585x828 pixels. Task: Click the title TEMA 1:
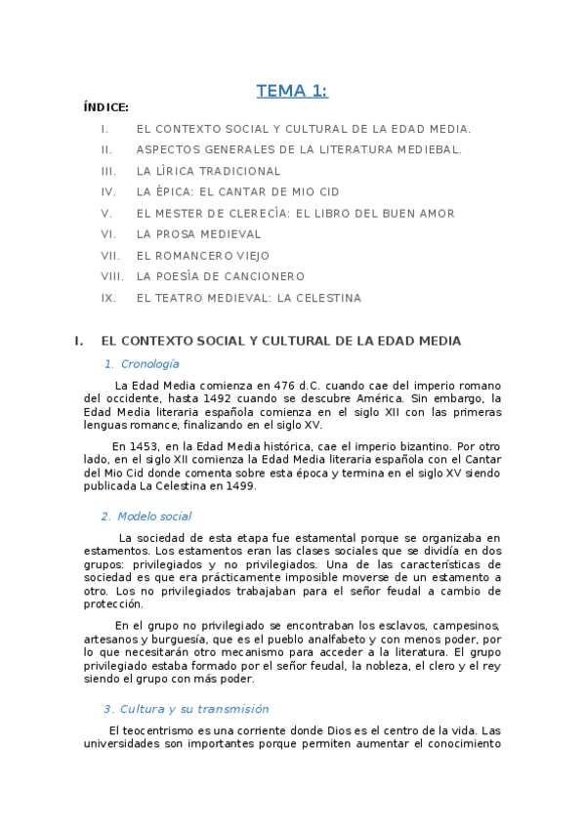(292, 92)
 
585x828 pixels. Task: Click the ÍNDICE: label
(106, 107)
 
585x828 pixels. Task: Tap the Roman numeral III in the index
(108, 171)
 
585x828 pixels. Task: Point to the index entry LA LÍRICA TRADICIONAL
(208, 171)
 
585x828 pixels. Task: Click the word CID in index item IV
(327, 192)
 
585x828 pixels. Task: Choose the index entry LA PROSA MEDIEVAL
(198, 234)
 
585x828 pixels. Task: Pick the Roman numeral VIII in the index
(112, 276)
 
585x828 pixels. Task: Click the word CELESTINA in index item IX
(324, 298)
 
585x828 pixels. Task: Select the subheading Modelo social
(153, 517)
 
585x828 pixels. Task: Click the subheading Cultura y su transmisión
(192, 709)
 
